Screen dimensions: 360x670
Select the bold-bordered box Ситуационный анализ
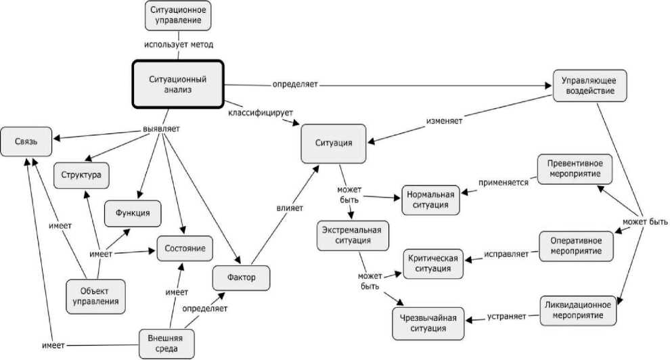[x=178, y=84]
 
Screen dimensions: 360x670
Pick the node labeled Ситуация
[x=334, y=143]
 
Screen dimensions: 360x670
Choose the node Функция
[x=133, y=214]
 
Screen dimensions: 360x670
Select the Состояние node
[x=185, y=248]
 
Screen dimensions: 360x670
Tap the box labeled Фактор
[x=242, y=277]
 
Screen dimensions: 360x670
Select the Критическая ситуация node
[x=434, y=264]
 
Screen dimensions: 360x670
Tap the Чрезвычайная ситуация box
[x=427, y=323]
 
